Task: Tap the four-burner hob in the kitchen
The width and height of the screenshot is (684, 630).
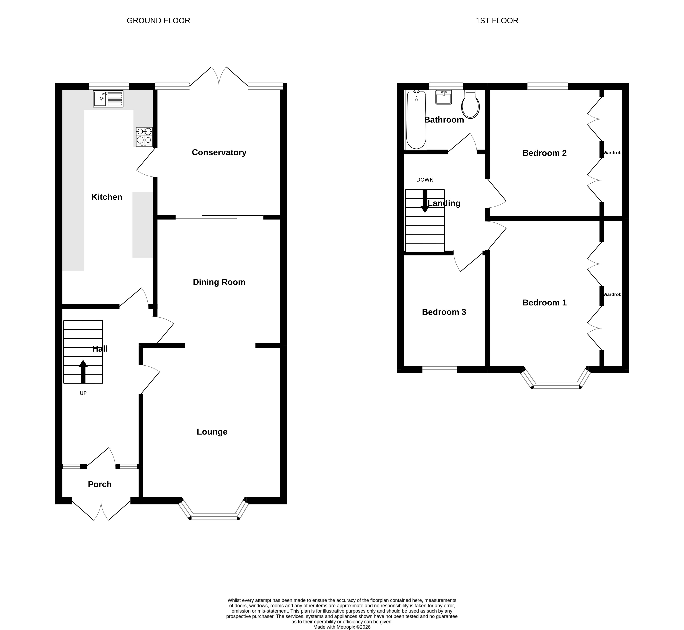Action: tap(144, 137)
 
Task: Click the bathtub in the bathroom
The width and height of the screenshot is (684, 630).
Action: tap(416, 120)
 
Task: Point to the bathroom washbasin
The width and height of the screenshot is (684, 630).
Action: tap(444, 97)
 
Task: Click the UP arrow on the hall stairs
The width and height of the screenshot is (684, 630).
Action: tap(83, 372)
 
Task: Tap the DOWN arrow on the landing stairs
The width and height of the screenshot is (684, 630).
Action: tap(425, 201)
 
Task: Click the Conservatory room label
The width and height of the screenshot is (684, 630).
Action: tap(219, 152)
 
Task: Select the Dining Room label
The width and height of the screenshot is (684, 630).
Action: tap(219, 282)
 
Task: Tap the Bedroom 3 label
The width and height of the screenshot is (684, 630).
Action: tap(444, 312)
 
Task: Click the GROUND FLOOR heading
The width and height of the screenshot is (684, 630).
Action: tap(158, 21)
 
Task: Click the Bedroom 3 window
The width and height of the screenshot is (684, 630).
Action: tap(440, 369)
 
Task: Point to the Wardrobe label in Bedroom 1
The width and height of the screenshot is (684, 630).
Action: tap(612, 294)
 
